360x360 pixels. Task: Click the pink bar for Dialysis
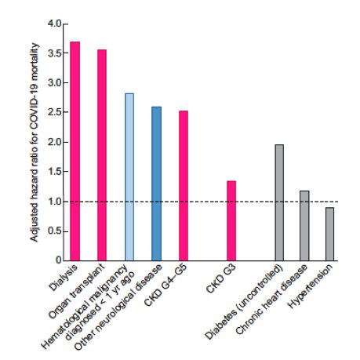click(75, 151)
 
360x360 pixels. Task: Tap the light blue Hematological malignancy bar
click(129, 176)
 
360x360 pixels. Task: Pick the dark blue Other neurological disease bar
click(157, 183)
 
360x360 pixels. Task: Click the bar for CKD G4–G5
click(184, 185)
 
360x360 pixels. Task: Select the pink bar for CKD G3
click(231, 220)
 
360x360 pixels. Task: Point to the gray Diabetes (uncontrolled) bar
click(279, 202)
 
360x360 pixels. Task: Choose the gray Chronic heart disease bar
click(304, 225)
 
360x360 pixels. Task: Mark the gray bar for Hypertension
click(330, 234)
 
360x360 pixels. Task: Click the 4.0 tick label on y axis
click(54, 24)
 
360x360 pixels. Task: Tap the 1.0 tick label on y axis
click(54, 201)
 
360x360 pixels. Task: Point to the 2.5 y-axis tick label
click(54, 112)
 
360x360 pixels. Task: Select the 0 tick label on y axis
click(58, 260)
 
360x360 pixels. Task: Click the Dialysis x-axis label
click(64, 279)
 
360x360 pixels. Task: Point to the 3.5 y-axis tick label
click(54, 53)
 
